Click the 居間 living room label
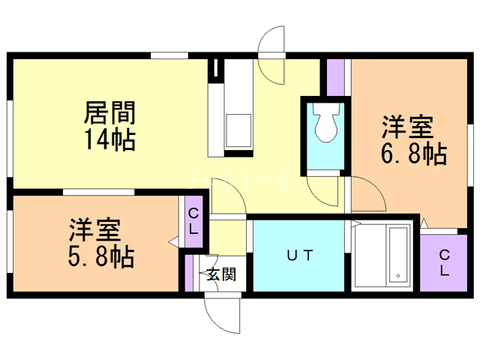pyautogui.click(x=109, y=112)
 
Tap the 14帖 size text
pyautogui.click(x=110, y=139)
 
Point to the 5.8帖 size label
pyautogui.click(x=101, y=256)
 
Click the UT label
pyautogui.click(x=300, y=255)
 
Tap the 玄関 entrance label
pyautogui.click(x=221, y=274)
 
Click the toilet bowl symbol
pyautogui.click(x=327, y=122)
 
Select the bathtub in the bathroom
pyautogui.click(x=399, y=255)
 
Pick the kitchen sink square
pyautogui.click(x=238, y=130)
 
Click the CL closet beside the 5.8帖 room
pyautogui.click(x=193, y=221)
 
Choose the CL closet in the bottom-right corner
pyautogui.click(x=443, y=262)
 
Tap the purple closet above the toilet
pyautogui.click(x=336, y=77)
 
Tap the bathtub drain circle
pyautogui.click(x=398, y=275)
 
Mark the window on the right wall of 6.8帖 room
pyautogui.click(x=470, y=155)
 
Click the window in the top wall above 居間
pyautogui.click(x=169, y=55)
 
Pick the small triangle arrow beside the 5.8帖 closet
pyautogui.click(x=173, y=241)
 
